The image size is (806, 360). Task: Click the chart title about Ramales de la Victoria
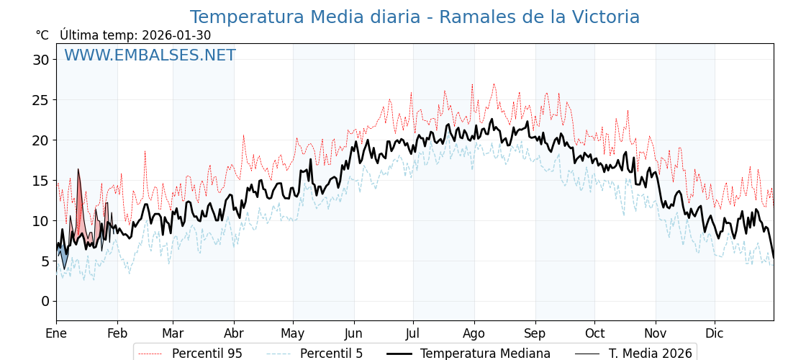point(415,17)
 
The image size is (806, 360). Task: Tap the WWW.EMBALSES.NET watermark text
point(150,55)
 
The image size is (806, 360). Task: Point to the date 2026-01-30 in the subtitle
point(176,35)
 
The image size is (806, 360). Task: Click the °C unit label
point(42,35)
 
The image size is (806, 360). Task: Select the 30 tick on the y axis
point(40,60)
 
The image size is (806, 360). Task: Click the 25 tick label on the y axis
point(40,100)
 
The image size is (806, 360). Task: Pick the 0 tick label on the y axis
point(45,301)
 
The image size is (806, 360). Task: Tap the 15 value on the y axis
point(40,181)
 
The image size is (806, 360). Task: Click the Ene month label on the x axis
point(56,333)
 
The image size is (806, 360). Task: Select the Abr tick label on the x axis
point(234,333)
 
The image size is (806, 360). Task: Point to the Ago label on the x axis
point(474,333)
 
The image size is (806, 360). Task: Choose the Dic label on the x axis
point(715,333)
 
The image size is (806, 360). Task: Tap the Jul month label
point(413,333)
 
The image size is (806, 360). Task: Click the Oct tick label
point(594,333)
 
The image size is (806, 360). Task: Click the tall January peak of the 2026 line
point(78,171)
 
